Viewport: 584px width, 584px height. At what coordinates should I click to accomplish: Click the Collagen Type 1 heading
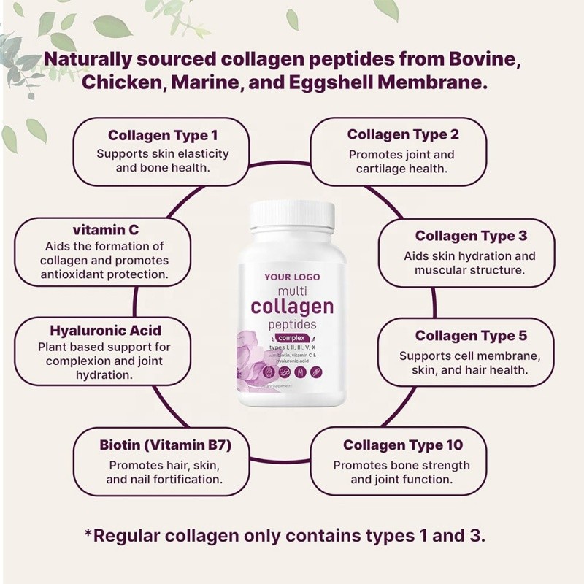[x=163, y=135]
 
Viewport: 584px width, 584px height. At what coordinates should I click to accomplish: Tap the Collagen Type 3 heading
[x=470, y=236]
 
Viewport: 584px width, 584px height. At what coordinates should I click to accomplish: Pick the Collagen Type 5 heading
[x=470, y=336]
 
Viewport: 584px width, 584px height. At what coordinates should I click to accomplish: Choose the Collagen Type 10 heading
[x=403, y=445]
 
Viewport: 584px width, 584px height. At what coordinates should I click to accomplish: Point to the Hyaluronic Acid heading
[x=105, y=329]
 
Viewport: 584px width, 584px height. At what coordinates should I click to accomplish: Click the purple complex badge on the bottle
[x=291, y=338]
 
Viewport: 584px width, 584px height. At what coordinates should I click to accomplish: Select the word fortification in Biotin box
[x=185, y=480]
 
